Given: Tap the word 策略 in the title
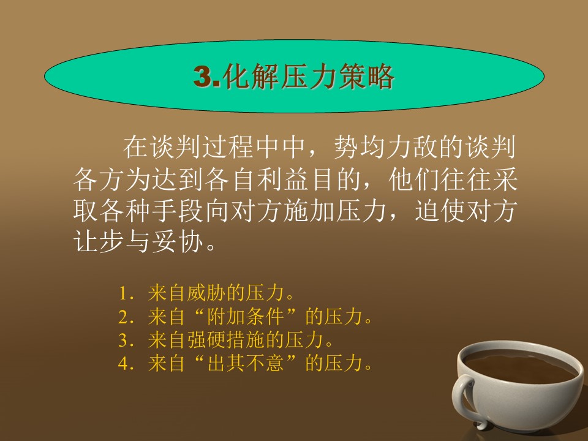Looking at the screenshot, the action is (x=366, y=77).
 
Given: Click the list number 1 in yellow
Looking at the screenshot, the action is (x=124, y=293).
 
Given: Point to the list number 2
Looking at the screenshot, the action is (x=124, y=317).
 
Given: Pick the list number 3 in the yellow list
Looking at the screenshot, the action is (x=124, y=341).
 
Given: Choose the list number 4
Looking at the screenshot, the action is (x=124, y=363).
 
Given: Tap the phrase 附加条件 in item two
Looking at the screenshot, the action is (x=246, y=317).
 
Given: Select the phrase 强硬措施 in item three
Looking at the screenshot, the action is (x=226, y=340).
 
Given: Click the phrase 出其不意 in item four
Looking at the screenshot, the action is (x=246, y=363).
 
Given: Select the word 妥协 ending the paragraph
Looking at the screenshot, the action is (x=178, y=240).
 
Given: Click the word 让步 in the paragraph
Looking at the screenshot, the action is (x=99, y=240).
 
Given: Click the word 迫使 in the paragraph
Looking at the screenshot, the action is (x=440, y=210).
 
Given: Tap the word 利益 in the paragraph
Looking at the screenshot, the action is (x=284, y=179).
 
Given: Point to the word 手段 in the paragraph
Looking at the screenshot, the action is (x=178, y=210).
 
